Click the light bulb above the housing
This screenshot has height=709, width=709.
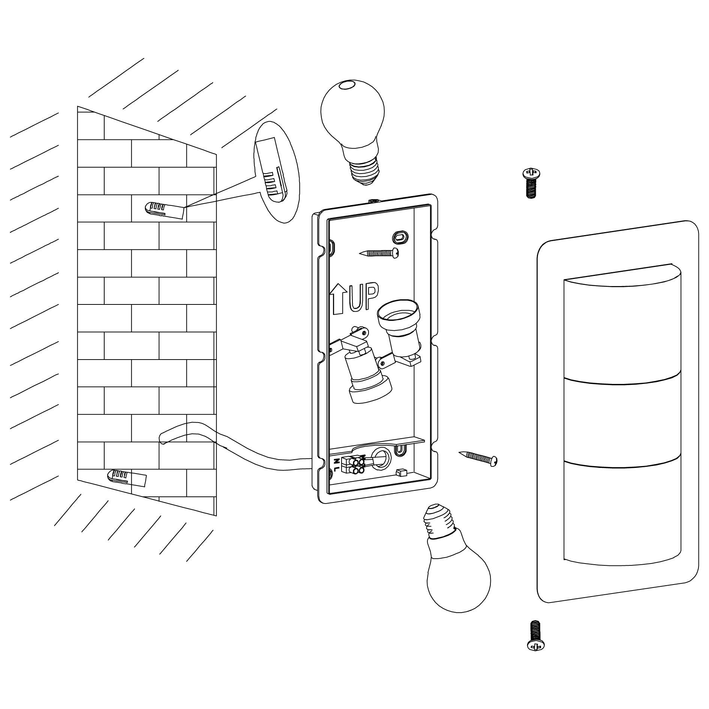coord(352,120)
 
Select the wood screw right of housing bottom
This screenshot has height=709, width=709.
coord(478,458)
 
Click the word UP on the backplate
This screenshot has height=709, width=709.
coord(363,298)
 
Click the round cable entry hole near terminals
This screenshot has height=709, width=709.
coord(381,457)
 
